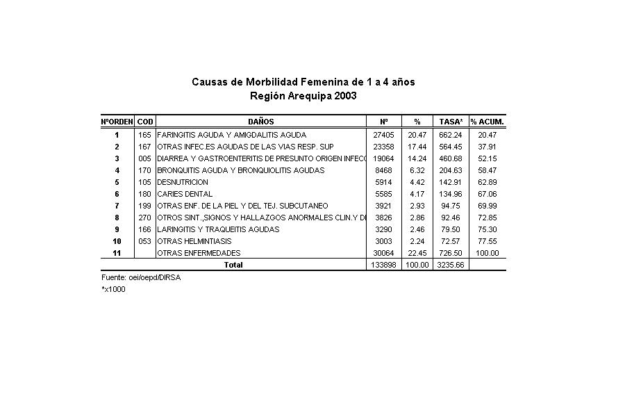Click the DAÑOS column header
pyautogui.click(x=260, y=122)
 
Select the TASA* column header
pyautogui.click(x=451, y=122)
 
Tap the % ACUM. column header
pyautogui.click(x=487, y=122)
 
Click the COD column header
pyautogui.click(x=145, y=122)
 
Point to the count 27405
pyautogui.click(x=383, y=135)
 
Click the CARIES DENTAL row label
pyautogui.click(x=185, y=194)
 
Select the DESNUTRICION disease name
pyautogui.click(x=183, y=182)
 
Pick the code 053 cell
pyautogui.click(x=145, y=241)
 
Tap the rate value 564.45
pyautogui.click(x=451, y=147)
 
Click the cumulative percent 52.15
pyautogui.click(x=487, y=158)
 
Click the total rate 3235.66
pyautogui.click(x=450, y=265)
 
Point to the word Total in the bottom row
pyautogui.click(x=233, y=265)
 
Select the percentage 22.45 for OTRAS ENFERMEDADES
pyautogui.click(x=417, y=253)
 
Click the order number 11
pyautogui.click(x=117, y=253)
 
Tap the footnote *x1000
pyautogui.click(x=113, y=289)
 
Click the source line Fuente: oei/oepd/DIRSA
pyautogui.click(x=135, y=277)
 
